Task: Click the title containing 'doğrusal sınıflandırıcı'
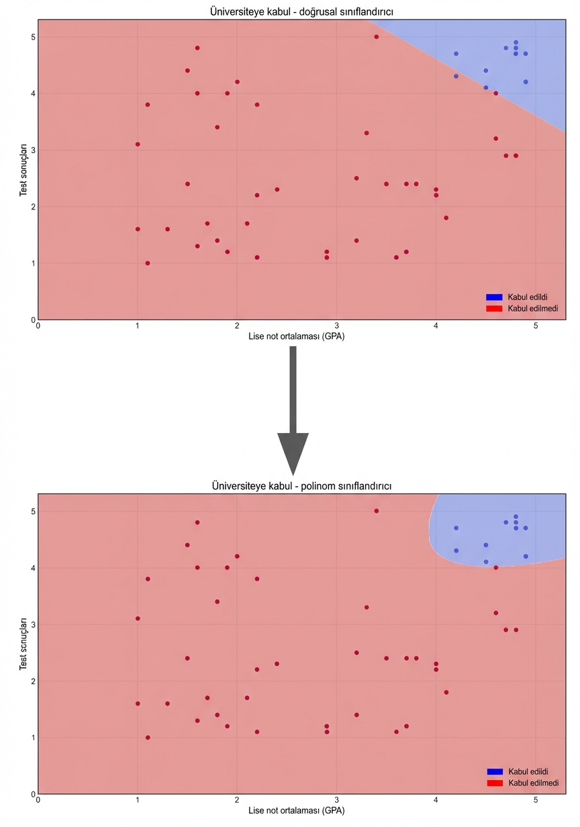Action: tap(301, 11)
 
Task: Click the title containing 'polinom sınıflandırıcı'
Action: tap(301, 485)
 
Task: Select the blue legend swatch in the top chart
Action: tap(494, 297)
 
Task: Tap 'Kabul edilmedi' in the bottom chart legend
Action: tap(532, 783)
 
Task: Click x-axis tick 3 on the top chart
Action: tap(336, 326)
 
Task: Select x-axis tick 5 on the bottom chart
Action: tap(536, 800)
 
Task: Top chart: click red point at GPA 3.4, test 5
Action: tap(377, 37)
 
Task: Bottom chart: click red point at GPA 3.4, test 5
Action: tap(377, 511)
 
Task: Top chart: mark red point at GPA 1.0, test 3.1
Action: tap(138, 144)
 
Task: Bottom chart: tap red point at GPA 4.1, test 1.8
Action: tap(446, 692)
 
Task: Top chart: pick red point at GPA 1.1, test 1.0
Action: tap(148, 263)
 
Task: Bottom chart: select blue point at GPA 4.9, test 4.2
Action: tap(526, 556)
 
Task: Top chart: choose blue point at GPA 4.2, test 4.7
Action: tap(456, 54)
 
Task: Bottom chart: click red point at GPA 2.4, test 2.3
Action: tap(277, 664)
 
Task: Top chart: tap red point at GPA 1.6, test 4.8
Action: tap(197, 48)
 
